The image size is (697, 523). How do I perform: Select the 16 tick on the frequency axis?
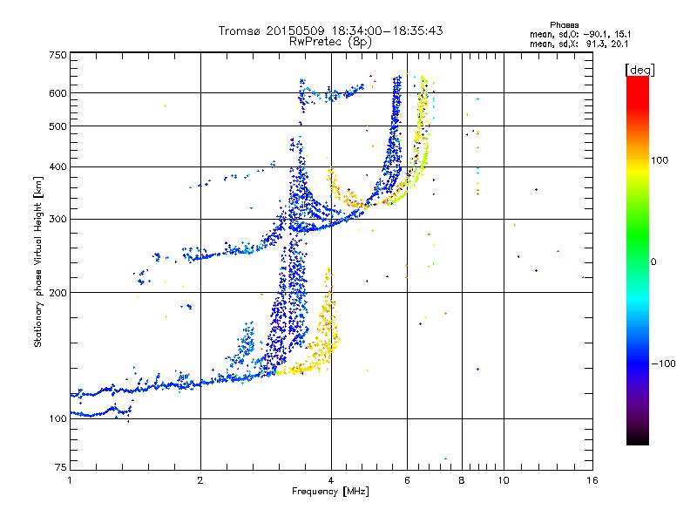click(592, 480)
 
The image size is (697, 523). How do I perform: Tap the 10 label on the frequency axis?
click(503, 480)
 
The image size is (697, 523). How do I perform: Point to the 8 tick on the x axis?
click(462, 480)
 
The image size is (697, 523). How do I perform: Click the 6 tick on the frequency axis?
click(407, 480)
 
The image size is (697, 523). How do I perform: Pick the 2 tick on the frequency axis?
click(200, 480)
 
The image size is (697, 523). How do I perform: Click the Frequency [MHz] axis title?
click(330, 492)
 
